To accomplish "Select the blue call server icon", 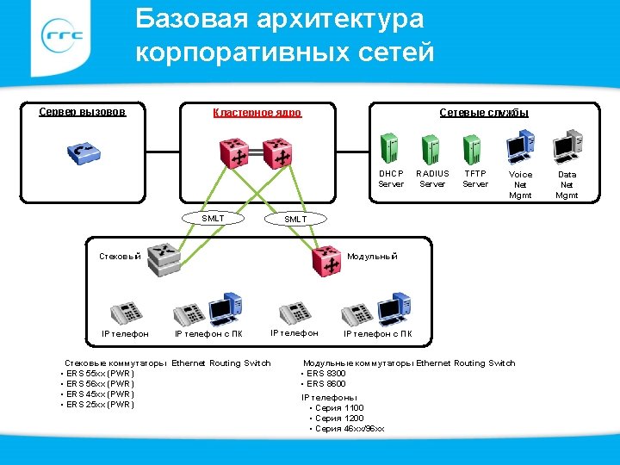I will point(84,153).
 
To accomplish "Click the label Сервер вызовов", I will point(83,112).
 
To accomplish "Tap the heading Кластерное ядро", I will point(257,113).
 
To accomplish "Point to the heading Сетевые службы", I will point(484,113).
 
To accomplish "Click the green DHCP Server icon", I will point(390,147).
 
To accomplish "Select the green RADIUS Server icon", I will point(431,147).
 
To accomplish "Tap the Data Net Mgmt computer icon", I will point(568,147).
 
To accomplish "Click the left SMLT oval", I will point(213,219).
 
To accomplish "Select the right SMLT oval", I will point(295,220).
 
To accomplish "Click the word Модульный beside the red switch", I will point(372,257).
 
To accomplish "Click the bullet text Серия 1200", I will point(339,418).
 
